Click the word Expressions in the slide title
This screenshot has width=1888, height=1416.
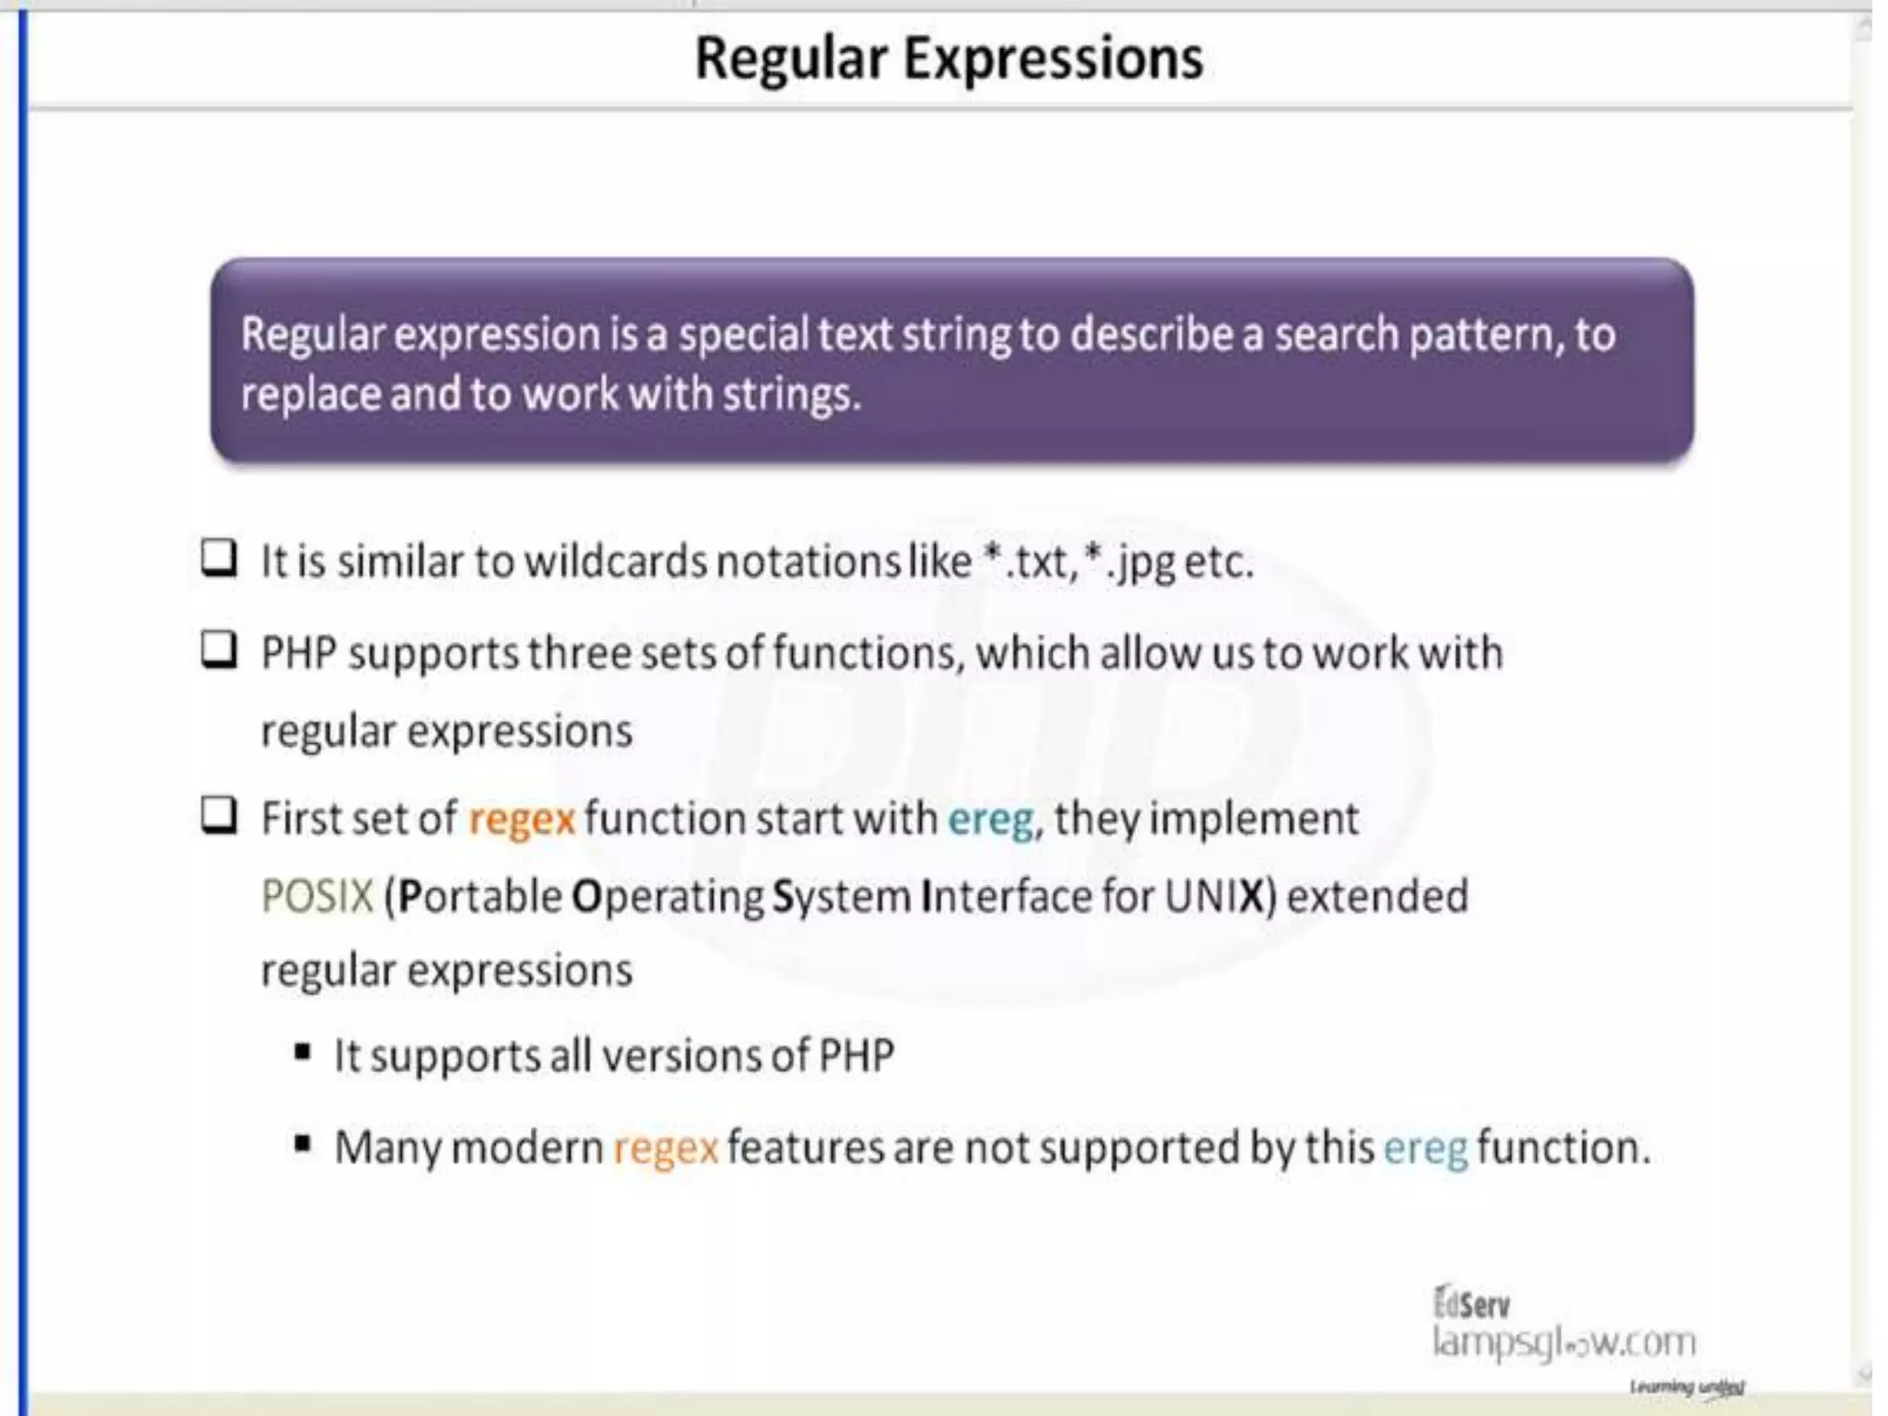1053,59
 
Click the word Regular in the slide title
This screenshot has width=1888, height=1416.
790,59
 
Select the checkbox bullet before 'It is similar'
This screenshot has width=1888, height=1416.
219,558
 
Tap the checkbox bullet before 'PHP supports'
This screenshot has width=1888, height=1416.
219,650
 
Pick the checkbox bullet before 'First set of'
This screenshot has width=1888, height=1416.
219,816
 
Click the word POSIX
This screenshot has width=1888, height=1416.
317,896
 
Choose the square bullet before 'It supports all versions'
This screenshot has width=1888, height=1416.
302,1053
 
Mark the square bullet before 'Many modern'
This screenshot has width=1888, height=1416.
302,1145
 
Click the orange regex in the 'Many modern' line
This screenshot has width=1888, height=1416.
665,1149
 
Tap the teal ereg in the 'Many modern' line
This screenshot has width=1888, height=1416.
1425,1149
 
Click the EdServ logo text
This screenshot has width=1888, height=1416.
1471,1304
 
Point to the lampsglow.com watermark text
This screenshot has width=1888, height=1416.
1563,1342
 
